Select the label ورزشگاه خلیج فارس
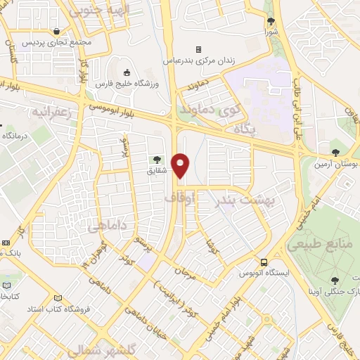[x=127, y=84]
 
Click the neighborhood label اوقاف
[x=178, y=199]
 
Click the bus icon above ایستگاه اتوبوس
[x=263, y=261]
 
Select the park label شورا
[x=271, y=32]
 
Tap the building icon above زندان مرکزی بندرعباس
[x=199, y=49]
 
